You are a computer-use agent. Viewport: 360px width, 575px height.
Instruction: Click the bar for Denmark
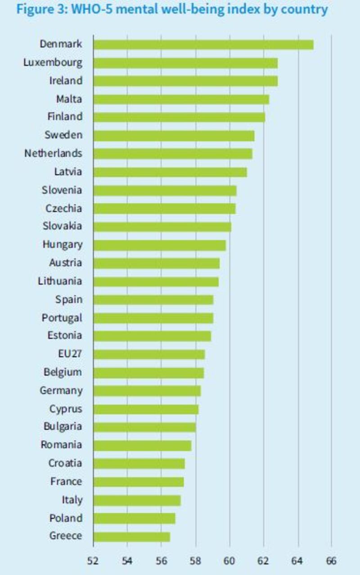(203, 45)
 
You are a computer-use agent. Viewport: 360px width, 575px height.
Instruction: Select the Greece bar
(131, 536)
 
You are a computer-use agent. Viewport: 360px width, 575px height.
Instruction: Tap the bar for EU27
(149, 354)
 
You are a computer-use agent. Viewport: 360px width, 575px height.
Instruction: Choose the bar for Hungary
(159, 245)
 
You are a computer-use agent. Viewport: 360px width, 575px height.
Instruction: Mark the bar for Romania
(142, 445)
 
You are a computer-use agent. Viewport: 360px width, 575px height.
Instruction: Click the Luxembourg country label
(53, 63)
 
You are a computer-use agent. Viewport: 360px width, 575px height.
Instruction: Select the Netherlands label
(53, 154)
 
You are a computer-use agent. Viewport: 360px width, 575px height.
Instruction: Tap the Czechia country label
(63, 208)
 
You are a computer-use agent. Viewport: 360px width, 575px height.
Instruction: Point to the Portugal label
(62, 318)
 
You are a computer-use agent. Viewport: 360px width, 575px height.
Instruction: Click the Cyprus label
(66, 409)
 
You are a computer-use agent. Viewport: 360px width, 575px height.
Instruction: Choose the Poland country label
(66, 518)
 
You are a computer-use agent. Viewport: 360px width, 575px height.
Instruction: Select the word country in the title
(302, 9)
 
